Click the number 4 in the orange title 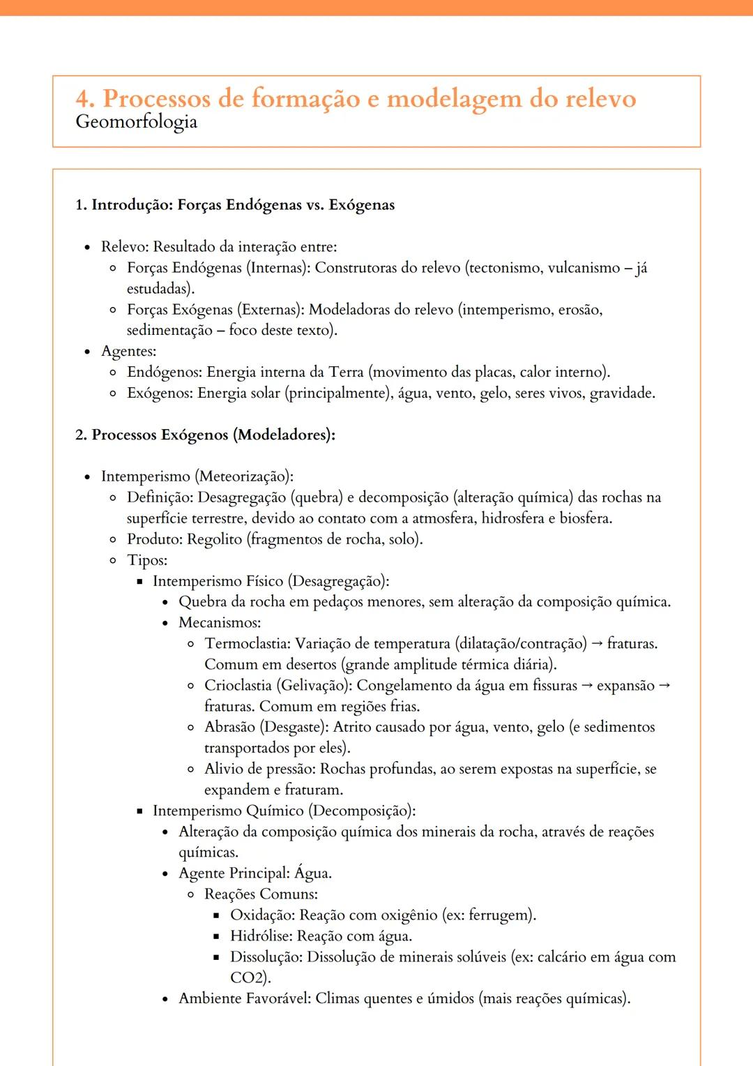click(84, 99)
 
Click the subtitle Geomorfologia click(136, 122)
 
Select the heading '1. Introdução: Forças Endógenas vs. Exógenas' click(235, 205)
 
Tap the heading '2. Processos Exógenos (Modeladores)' click(205, 435)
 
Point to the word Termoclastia click(247, 643)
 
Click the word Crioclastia click(237, 685)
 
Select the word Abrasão click(229, 727)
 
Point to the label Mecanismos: click(220, 622)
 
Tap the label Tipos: click(147, 560)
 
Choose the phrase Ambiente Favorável click(243, 998)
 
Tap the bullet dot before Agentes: click(87, 352)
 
